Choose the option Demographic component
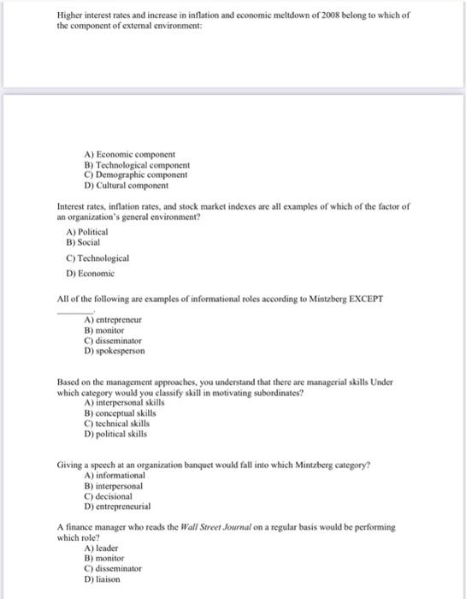coord(133,175)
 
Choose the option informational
coord(115,475)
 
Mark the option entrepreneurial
coord(121,506)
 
